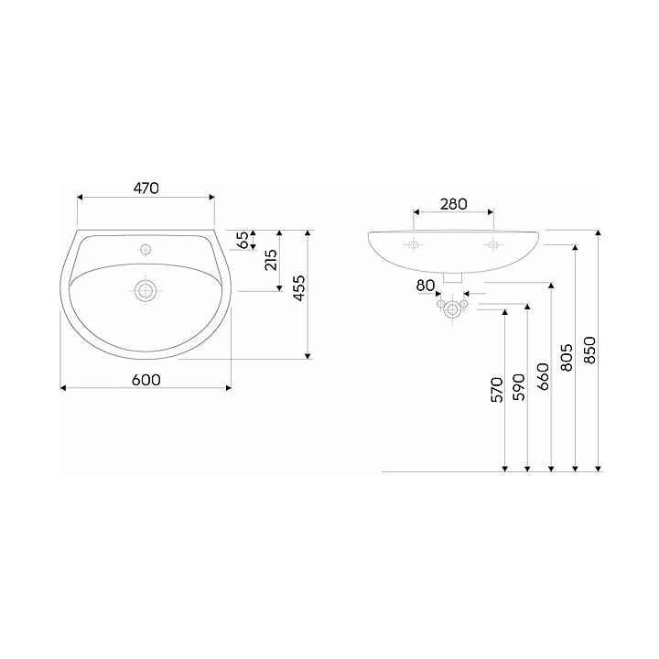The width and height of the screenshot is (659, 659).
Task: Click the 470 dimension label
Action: coord(146,188)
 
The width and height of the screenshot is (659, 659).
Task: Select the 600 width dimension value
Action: coord(146,380)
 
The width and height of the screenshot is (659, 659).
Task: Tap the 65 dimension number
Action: coord(243,240)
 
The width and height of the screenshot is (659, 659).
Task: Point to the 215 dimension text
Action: coord(271,260)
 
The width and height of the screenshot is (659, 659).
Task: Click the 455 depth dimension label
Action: coord(298,288)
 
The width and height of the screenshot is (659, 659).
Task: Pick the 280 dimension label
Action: coord(454,204)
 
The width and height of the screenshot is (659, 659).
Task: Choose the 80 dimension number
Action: coord(426,286)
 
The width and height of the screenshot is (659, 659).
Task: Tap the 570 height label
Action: coord(497,390)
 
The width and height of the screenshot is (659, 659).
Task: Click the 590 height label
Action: coord(520,386)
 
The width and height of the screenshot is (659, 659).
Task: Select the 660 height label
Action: coord(544,376)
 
